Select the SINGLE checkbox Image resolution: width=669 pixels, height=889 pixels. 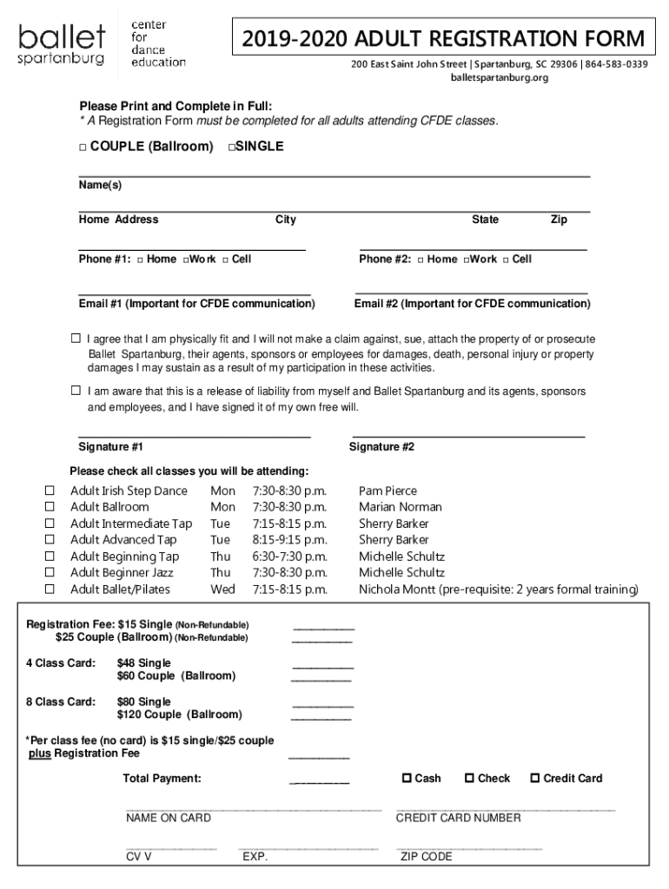[232, 148]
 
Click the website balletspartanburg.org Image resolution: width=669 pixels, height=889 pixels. [498, 78]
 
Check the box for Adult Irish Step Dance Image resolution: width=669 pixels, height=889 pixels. [50, 491]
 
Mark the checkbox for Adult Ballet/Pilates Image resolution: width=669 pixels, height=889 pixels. [50, 589]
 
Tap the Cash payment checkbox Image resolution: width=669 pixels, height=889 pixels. [406, 778]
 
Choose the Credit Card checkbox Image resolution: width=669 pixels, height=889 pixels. [534, 778]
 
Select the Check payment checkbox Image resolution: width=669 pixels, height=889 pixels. [470, 778]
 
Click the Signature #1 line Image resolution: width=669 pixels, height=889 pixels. [195, 434]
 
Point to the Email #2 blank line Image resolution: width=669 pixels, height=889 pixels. [471, 292]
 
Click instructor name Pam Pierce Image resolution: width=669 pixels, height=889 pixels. [387, 491]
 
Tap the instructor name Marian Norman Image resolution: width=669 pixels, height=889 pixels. [400, 507]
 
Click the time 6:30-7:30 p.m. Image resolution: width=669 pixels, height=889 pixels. [289, 556]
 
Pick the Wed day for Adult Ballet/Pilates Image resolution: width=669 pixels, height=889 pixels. [222, 589]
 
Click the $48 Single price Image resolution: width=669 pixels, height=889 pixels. [143, 663]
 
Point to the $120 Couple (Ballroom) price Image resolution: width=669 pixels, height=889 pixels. [179, 714]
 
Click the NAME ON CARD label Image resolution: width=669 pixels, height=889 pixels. [168, 818]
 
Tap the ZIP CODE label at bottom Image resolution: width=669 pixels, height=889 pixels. [426, 857]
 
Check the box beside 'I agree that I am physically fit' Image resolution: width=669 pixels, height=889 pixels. [76, 339]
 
